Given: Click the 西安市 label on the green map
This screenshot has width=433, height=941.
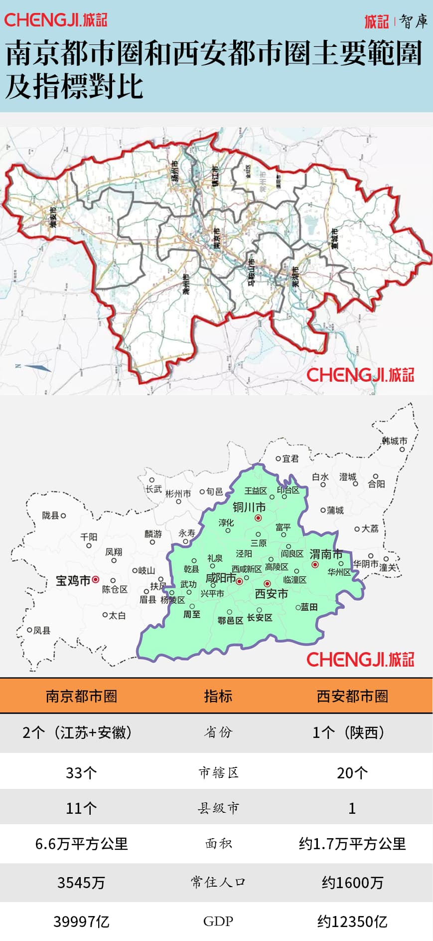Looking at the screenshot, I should point(272,594).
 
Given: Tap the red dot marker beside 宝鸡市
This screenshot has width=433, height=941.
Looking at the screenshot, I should point(96,580).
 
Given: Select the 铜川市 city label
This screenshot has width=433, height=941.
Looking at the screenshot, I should point(249,507).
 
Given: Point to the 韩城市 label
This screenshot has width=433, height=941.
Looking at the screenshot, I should point(395,441).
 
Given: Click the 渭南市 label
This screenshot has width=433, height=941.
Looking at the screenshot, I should point(326,554).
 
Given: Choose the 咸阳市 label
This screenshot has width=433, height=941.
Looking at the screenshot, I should point(221,578).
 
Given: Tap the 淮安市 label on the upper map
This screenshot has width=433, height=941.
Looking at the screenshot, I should point(53,217).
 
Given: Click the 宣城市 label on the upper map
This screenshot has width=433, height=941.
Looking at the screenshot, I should point(335,238).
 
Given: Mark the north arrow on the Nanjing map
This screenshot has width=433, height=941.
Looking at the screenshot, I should point(37,368).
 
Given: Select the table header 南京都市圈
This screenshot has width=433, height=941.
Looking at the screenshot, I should point(82,696).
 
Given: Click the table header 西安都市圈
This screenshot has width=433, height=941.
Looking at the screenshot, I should point(352,696).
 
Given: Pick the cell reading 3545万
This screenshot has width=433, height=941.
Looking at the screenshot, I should point(81,883).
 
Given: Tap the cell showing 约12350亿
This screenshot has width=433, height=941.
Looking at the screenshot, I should point(352,922).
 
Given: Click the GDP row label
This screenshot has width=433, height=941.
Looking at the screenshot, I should point(218,922).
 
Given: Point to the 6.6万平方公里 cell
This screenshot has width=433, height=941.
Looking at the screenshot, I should point(81,844).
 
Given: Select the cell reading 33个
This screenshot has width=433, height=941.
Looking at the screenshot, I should point(81,773).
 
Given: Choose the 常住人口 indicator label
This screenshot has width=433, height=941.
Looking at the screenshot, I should point(218,883).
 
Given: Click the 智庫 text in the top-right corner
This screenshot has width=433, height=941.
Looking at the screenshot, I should point(414,21).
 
